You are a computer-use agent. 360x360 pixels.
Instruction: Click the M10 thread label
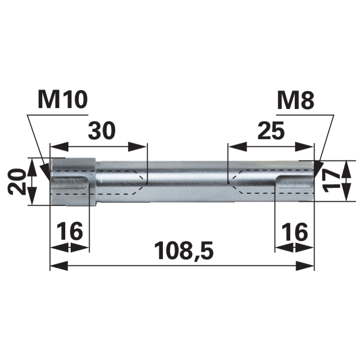click(63, 99)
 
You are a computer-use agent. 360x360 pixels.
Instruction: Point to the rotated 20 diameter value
click(16, 181)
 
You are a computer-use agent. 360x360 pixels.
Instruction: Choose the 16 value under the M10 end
click(70, 232)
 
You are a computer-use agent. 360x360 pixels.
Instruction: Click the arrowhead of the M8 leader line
click(318, 169)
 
